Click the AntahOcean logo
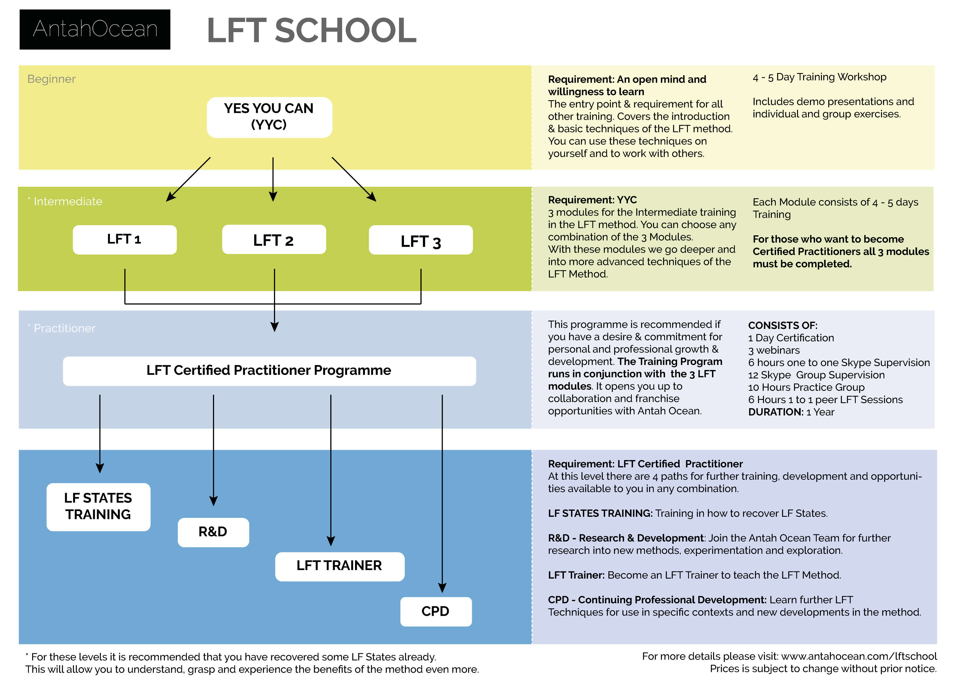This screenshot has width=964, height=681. click(x=95, y=29)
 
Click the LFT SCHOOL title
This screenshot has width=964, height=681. click(x=312, y=30)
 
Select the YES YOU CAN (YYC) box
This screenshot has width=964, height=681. click(x=270, y=118)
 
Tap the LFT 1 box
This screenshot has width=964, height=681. click(x=125, y=240)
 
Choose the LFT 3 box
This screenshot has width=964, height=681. click(x=421, y=240)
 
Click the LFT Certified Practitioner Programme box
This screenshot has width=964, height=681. click(x=270, y=371)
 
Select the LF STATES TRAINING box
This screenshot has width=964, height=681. click(x=99, y=507)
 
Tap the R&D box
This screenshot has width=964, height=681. click(x=213, y=532)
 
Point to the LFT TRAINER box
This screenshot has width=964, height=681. click(x=340, y=566)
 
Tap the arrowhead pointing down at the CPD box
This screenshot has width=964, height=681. click(x=442, y=587)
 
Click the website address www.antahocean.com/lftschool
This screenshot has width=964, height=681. click(x=859, y=656)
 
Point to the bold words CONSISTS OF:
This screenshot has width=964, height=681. click(x=783, y=326)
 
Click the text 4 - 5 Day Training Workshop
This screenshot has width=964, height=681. click(x=819, y=77)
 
